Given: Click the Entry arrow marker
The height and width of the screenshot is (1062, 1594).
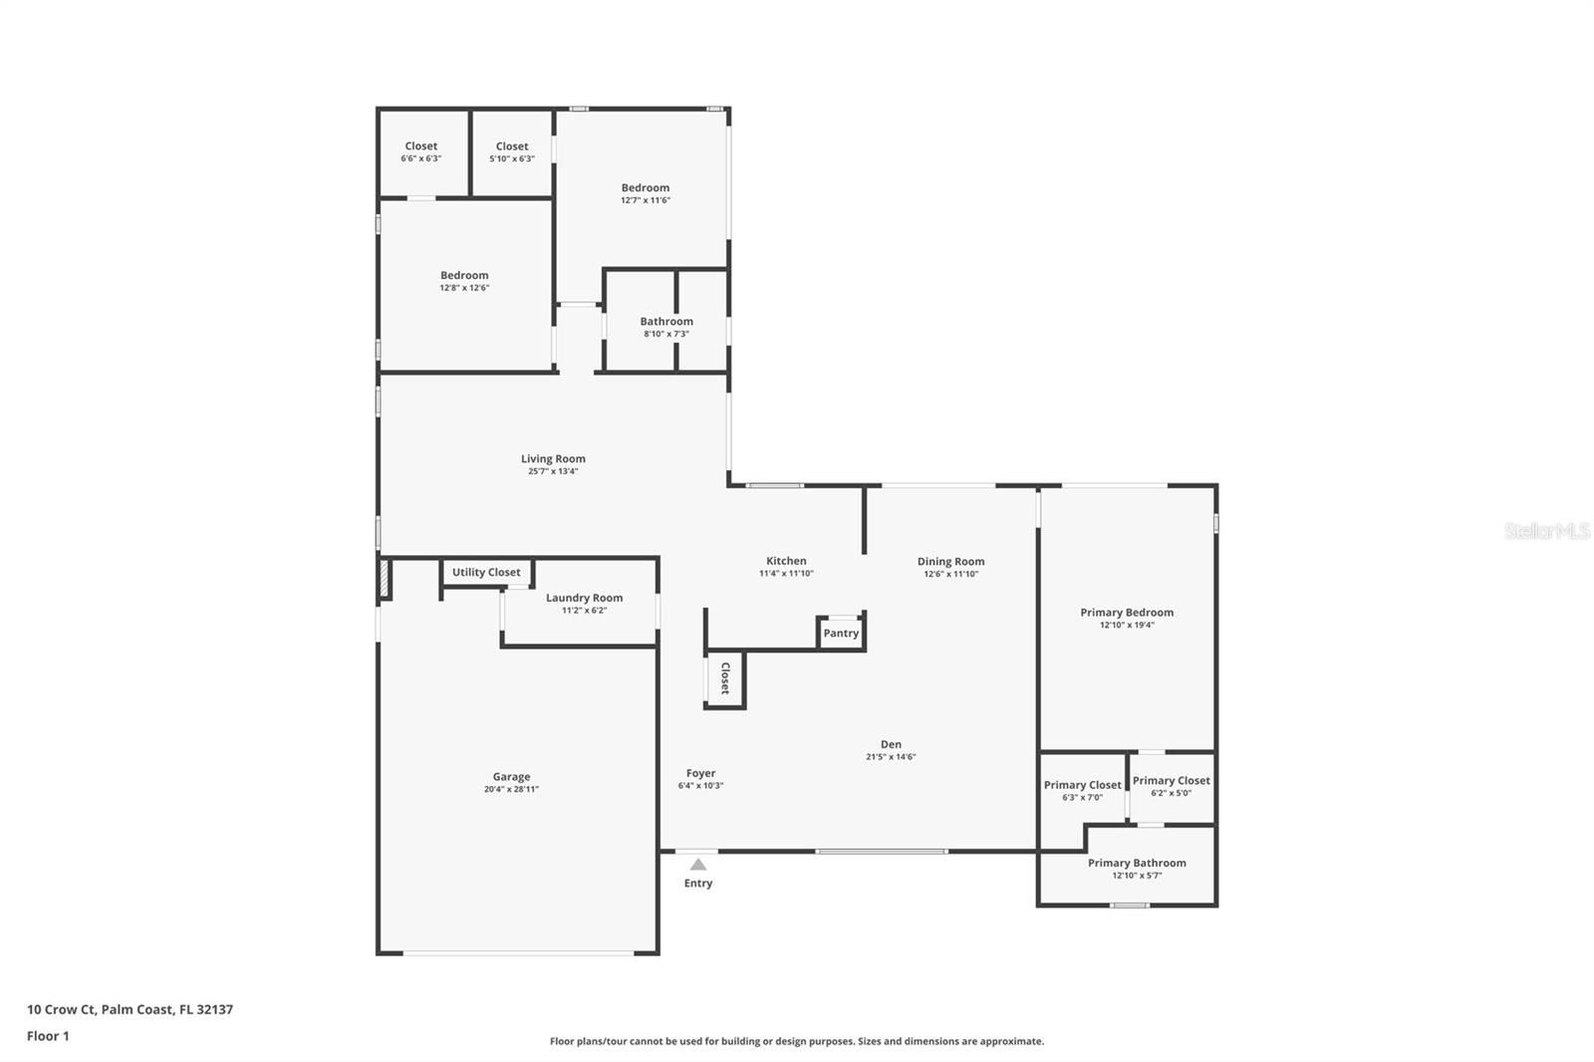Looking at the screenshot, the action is point(698,864).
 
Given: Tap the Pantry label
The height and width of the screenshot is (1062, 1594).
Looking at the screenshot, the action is point(841,633).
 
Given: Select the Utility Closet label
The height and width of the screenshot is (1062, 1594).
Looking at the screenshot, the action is point(486,572).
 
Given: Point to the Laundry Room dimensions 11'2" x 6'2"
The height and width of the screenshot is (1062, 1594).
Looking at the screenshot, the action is point(584,610).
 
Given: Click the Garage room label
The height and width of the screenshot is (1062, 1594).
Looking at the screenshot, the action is point(512,776).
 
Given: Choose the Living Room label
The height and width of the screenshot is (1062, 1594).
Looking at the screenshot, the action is point(553,459).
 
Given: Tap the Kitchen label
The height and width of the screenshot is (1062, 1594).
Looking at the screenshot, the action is point(786,561).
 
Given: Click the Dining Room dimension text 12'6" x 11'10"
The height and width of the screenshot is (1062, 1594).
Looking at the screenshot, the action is point(951,574).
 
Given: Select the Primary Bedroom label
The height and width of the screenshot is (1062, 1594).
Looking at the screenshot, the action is point(1127,612).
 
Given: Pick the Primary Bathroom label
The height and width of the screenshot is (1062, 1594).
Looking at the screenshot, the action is point(1137,863).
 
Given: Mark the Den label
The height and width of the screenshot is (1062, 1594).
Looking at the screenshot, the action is point(891,744).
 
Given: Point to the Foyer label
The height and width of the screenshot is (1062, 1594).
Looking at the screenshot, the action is point(701,773).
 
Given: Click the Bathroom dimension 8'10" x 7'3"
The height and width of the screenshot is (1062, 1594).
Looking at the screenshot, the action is point(666,334).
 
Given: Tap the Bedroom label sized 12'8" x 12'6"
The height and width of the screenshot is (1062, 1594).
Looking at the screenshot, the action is point(464,276).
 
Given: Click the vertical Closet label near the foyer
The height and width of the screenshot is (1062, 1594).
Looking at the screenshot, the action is point(725,677).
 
